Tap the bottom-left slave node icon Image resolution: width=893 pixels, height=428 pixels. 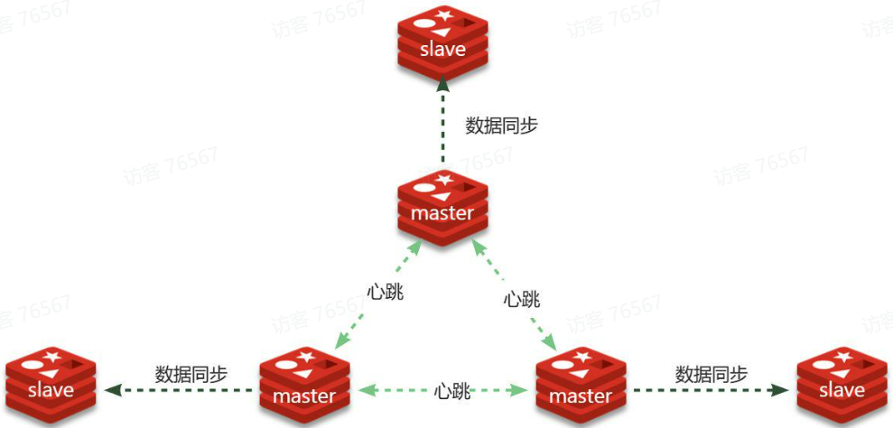51,384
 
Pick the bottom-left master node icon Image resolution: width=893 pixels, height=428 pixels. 304,388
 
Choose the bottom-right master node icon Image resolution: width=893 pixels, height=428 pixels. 581,388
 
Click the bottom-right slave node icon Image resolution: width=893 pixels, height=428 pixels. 841,384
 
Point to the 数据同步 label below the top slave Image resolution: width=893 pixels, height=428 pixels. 501,126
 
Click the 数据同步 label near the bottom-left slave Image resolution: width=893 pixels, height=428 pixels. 191,373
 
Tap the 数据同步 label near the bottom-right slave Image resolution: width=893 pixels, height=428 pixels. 712,373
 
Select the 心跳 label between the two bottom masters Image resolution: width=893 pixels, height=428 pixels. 452,392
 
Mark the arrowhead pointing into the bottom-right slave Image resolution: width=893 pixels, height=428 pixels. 778,390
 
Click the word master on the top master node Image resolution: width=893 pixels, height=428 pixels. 442,213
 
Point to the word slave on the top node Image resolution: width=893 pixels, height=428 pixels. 442,49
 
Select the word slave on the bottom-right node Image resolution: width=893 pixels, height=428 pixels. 842,390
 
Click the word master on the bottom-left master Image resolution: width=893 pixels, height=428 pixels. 304,395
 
